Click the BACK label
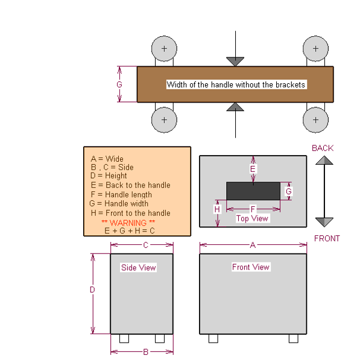pos(323,148)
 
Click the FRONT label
pos(327,238)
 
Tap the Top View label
pos(252,218)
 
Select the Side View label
pos(139,267)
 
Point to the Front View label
pos(251,267)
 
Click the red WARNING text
pos(128,223)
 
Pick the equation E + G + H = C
pos(130,230)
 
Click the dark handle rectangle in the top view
pos(253,191)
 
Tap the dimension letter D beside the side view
pos(92,290)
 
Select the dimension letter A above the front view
pos(253,245)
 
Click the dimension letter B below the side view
pos(145,352)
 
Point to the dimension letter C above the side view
pos(145,245)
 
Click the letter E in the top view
pos(253,169)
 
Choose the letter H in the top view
pos(217,209)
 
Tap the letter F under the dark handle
pos(253,209)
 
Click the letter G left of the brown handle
pos(119,84)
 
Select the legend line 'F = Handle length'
pos(121,195)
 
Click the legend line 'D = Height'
pos(109,176)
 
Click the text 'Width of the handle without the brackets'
pos(236,84)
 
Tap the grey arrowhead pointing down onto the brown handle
pos(235,62)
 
